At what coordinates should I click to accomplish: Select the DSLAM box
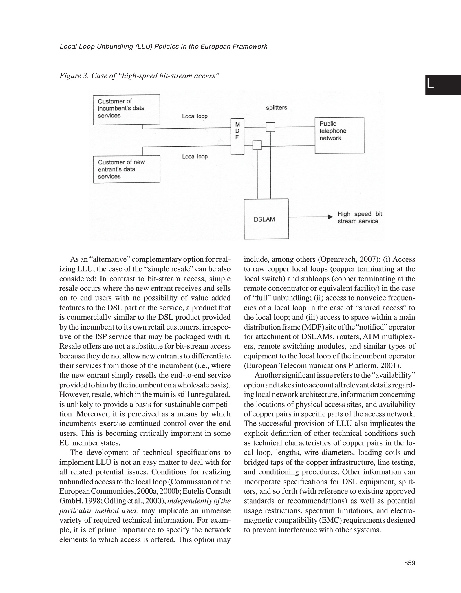tap(266, 219)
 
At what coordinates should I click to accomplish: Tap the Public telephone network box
tap(339, 135)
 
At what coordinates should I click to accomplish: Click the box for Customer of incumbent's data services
tap(126, 109)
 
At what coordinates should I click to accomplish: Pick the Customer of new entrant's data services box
tap(127, 169)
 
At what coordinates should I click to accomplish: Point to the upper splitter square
tap(270, 127)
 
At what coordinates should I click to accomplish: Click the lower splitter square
tap(257, 145)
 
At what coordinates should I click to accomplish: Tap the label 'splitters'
tap(277, 108)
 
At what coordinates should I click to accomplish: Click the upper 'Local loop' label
tap(195, 116)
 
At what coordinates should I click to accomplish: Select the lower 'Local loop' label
tap(195, 157)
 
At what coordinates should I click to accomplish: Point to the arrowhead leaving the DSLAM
tap(330, 217)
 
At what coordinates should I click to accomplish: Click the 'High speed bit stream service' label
tap(359, 217)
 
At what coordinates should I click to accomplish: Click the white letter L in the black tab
tap(431, 85)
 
